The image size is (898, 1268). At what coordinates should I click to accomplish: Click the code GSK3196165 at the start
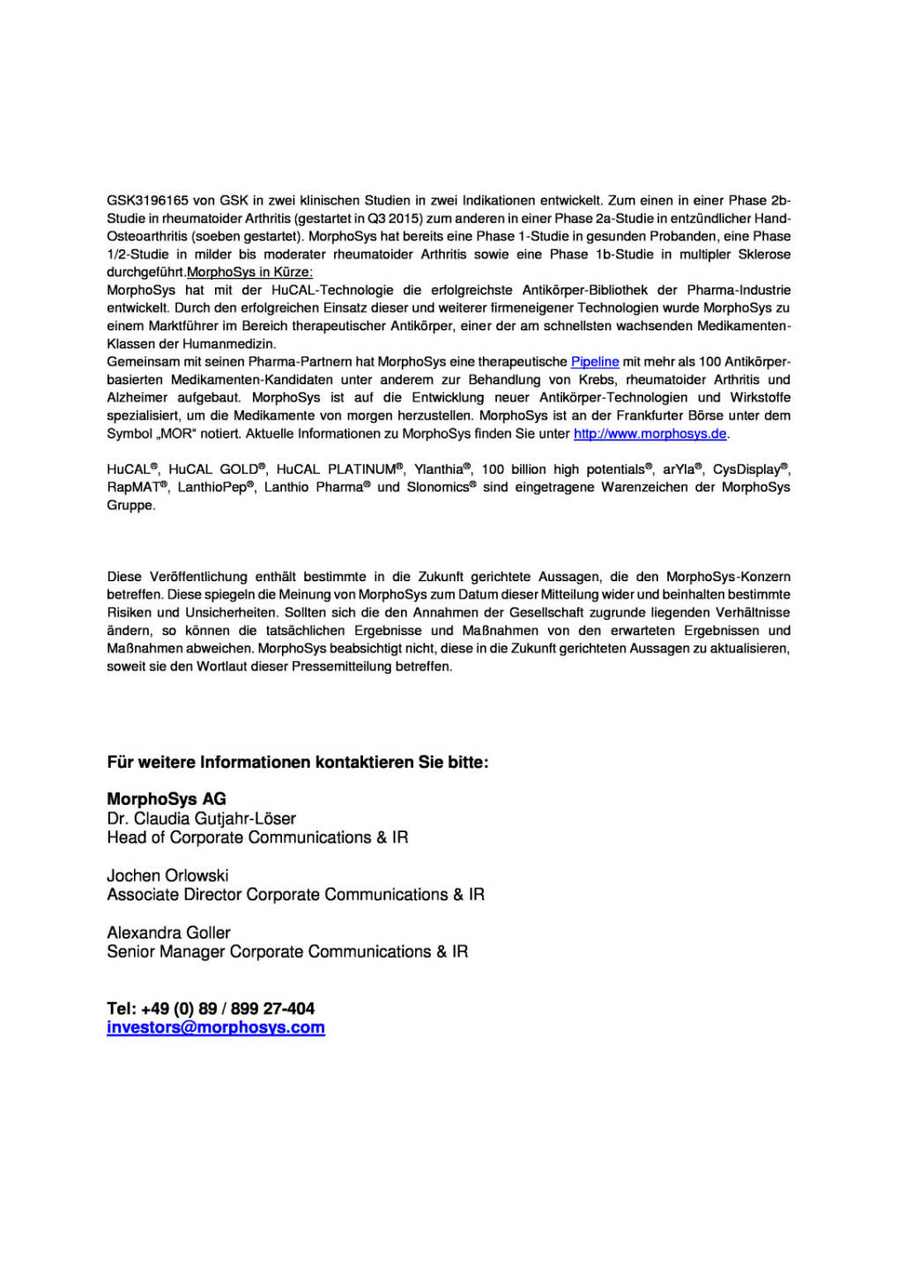pyautogui.click(x=147, y=201)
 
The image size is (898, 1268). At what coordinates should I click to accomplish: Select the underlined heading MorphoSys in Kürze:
pyautogui.click(x=249, y=272)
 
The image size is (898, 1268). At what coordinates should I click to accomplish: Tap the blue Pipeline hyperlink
pyautogui.click(x=595, y=362)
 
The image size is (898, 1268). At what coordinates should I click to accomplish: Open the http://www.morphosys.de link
pyautogui.click(x=649, y=434)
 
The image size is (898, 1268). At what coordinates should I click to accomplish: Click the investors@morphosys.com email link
pyautogui.click(x=216, y=1028)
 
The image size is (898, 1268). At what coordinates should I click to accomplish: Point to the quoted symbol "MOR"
pyautogui.click(x=175, y=434)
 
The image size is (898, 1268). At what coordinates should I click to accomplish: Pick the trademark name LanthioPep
pyautogui.click(x=212, y=487)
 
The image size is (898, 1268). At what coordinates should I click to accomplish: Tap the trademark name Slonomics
pyautogui.click(x=437, y=487)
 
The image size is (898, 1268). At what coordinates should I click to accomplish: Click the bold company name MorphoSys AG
pyautogui.click(x=167, y=799)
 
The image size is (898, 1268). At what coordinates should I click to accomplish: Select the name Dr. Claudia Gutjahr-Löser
pyautogui.click(x=201, y=819)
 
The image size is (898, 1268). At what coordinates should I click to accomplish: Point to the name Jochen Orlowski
pyautogui.click(x=167, y=875)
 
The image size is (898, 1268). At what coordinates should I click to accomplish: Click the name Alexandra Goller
pyautogui.click(x=168, y=933)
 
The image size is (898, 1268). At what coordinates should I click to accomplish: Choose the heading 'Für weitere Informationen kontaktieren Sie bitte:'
pyautogui.click(x=297, y=763)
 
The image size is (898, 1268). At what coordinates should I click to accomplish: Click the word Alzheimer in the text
pyautogui.click(x=137, y=398)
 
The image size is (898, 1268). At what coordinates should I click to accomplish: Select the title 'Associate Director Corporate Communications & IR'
pyautogui.click(x=295, y=895)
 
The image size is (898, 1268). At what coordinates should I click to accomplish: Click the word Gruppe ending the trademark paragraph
pyautogui.click(x=130, y=505)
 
